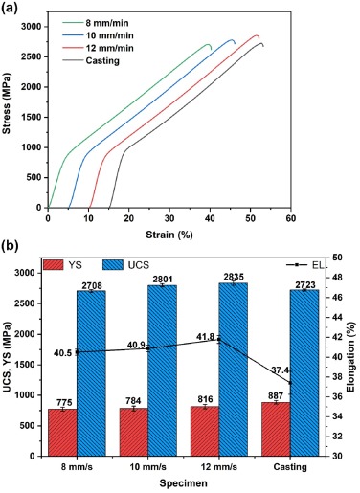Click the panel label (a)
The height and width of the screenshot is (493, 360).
pos(11,8)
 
